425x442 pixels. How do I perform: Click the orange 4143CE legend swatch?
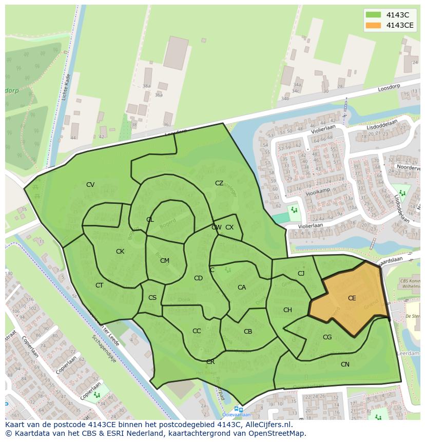click(374, 26)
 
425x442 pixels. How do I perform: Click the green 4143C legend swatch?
click(374, 15)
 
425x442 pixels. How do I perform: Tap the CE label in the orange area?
click(352, 298)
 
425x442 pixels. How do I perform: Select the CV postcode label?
click(90, 185)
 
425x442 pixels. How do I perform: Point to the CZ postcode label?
click(219, 183)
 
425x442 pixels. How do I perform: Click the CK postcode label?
click(120, 252)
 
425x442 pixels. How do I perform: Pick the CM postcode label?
click(164, 261)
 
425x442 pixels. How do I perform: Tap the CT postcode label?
click(100, 285)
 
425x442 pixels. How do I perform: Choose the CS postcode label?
click(152, 298)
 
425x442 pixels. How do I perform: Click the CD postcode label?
click(198, 278)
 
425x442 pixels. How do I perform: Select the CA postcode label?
click(242, 287)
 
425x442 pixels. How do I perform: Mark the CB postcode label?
click(248, 332)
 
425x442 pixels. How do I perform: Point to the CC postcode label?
click(197, 331)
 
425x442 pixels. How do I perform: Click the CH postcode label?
click(287, 310)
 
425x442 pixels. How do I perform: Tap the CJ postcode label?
click(301, 274)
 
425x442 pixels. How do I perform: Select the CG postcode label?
click(327, 337)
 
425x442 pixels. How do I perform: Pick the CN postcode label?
click(345, 364)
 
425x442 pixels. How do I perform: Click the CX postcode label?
click(229, 227)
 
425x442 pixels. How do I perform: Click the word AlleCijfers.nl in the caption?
click(267, 425)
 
